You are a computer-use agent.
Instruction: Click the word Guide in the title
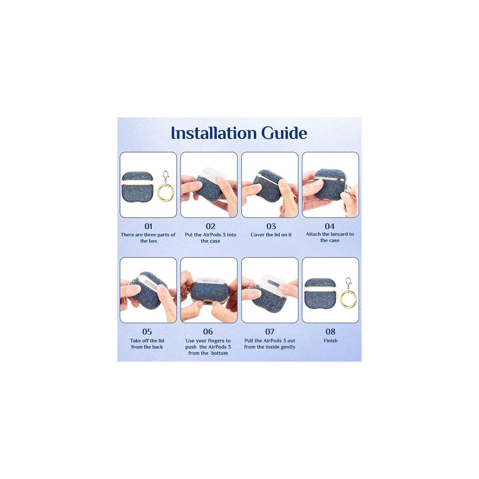284,133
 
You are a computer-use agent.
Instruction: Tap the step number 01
148,226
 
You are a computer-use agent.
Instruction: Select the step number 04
330,226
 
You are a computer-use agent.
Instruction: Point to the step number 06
208,332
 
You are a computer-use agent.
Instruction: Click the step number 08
331,332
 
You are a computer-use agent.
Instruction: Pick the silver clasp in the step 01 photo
166,177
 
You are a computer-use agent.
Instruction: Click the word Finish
331,340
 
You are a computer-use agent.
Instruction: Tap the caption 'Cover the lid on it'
271,235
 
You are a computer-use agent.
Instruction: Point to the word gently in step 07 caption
288,347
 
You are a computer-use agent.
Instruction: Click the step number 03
271,226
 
